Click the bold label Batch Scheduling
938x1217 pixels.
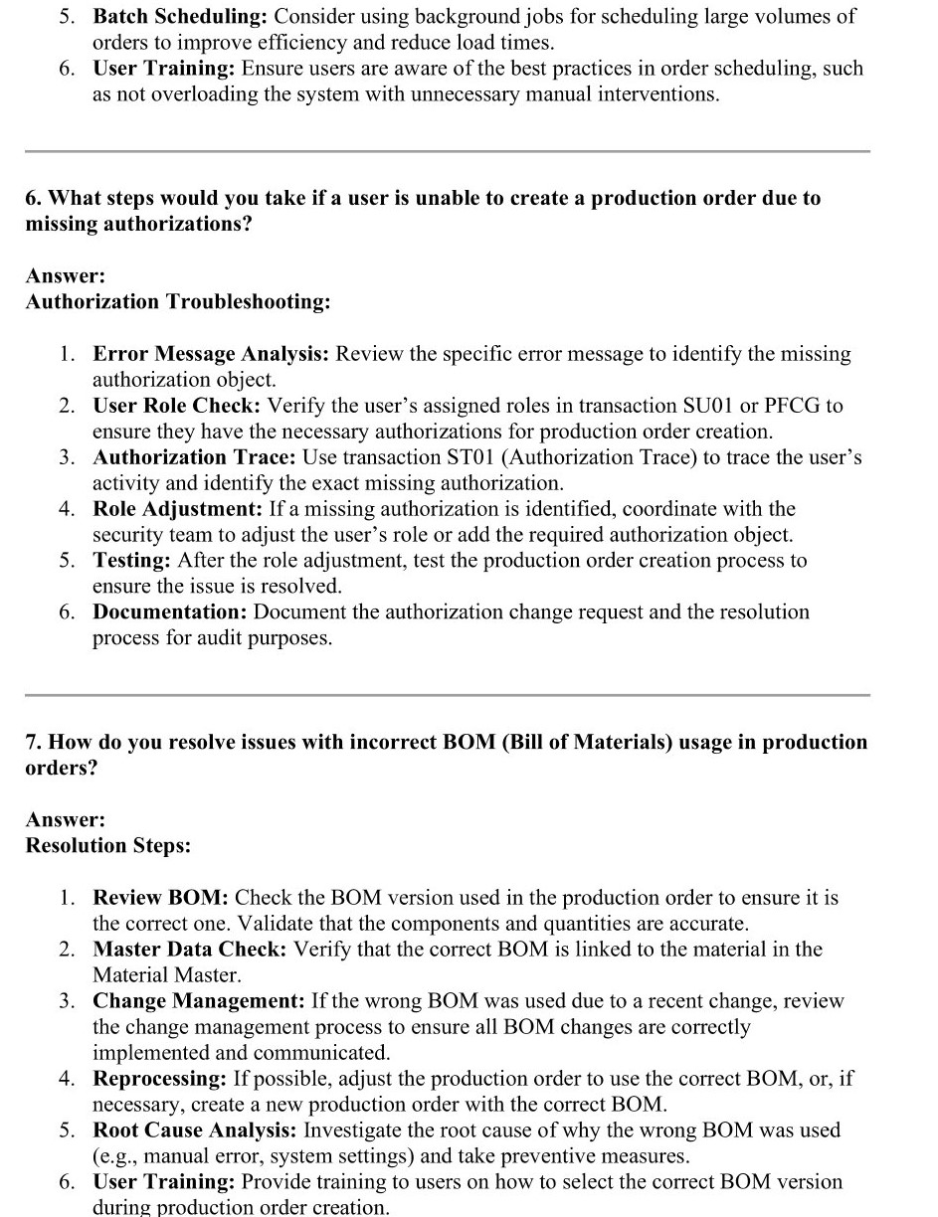(x=180, y=17)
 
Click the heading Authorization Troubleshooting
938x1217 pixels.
(x=178, y=301)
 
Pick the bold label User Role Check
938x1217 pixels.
(x=177, y=406)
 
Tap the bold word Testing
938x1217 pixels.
(x=132, y=561)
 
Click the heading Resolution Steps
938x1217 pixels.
(x=108, y=845)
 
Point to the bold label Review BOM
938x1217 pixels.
(x=161, y=898)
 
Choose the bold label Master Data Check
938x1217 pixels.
(x=190, y=950)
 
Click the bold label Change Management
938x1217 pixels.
(x=199, y=1001)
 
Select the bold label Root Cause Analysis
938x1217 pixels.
(x=195, y=1130)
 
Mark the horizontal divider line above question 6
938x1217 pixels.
(x=448, y=151)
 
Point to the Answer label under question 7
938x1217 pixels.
(x=66, y=819)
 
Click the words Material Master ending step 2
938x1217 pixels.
(x=166, y=975)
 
